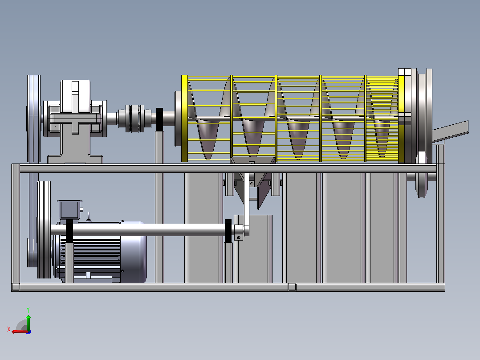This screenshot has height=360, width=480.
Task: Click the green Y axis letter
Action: point(28,310)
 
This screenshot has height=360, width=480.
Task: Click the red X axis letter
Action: point(9,330)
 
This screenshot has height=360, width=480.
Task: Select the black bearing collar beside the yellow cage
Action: point(159,119)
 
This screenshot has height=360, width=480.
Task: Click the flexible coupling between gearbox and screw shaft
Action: point(134,118)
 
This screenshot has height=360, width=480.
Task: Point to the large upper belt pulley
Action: point(34,119)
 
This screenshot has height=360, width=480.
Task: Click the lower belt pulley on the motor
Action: point(44,230)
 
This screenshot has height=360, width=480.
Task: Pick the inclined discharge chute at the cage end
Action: point(450,131)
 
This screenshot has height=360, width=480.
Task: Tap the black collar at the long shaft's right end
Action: point(228,231)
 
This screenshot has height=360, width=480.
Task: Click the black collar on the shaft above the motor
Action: point(69,231)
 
